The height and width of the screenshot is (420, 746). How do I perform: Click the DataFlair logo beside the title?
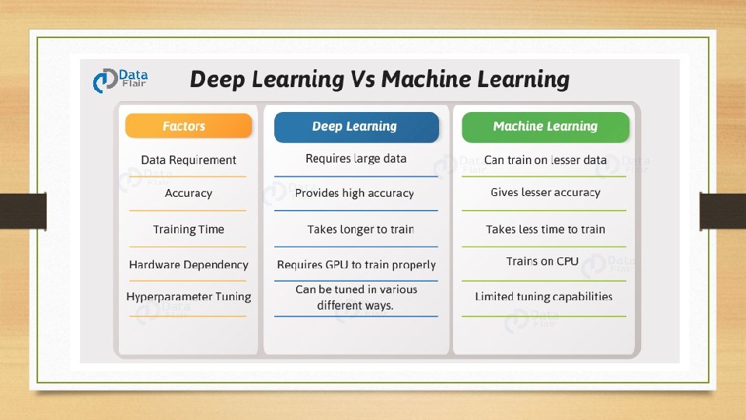pos(119,80)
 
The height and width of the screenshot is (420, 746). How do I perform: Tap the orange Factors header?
pos(188,126)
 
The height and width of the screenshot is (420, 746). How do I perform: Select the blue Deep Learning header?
pos(355,126)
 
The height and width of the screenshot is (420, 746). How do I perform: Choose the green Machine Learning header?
pos(545,126)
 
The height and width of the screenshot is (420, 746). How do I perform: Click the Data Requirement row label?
pos(188,160)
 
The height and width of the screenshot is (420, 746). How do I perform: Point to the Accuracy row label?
pos(188,194)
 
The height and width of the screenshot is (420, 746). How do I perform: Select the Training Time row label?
pos(188,229)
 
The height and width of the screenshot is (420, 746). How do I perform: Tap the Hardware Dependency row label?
pos(188,265)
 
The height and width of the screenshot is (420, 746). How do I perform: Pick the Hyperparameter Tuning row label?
pos(188,296)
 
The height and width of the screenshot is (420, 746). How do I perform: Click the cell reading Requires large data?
pos(355,159)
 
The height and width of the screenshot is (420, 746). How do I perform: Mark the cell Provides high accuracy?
pos(354,193)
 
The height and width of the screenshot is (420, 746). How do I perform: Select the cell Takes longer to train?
pos(360,229)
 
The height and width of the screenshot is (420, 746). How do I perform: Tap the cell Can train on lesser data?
pos(545,160)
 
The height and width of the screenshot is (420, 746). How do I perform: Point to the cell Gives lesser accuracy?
pos(545,192)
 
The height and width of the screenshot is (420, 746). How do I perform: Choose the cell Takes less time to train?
pos(545,229)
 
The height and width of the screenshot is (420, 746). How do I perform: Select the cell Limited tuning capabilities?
pos(543,296)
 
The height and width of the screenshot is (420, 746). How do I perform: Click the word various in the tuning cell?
pos(399,289)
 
